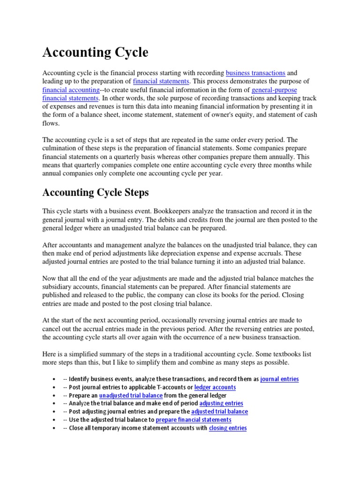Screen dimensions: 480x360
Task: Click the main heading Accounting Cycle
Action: (95, 52)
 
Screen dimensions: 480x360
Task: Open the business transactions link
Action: (255, 73)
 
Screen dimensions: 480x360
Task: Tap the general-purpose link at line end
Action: (274, 90)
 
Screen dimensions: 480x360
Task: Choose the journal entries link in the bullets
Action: (279, 379)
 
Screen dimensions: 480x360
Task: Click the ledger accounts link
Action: (215, 388)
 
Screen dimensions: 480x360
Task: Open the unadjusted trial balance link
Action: (131, 396)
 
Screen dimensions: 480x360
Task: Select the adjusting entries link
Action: (221, 404)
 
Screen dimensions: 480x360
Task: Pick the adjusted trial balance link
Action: (220, 412)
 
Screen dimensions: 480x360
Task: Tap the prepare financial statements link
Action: (194, 420)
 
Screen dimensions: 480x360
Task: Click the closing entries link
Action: (228, 428)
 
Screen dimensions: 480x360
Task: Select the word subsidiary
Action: (58, 287)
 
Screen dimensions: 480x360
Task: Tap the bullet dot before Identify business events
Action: (55, 379)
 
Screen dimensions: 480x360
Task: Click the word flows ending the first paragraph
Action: (50, 123)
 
